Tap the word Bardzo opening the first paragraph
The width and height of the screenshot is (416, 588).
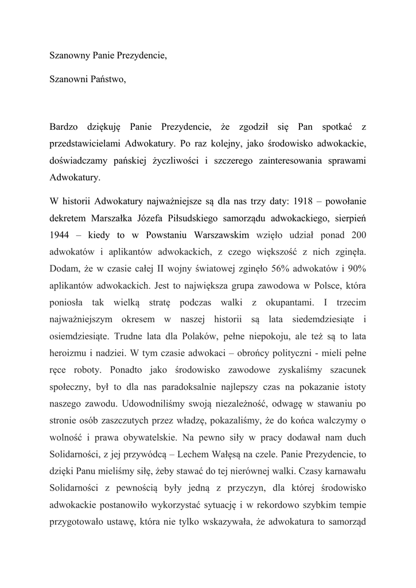(x=63, y=126)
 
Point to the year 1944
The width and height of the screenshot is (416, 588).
(x=60, y=236)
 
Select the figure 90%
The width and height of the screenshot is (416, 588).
(x=356, y=270)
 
